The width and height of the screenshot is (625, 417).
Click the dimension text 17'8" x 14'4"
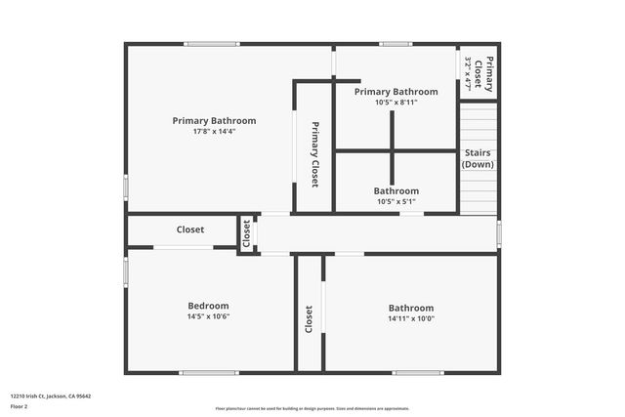coord(214,132)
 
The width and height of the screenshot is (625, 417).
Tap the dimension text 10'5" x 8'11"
coord(396,102)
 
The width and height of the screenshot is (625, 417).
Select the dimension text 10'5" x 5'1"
coord(396,202)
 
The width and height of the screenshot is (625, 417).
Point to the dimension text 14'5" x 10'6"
coord(207,317)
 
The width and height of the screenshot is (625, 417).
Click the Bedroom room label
coord(207,306)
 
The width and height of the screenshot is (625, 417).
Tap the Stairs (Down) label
coord(478,158)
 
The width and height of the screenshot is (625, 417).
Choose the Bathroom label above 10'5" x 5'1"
coord(396,191)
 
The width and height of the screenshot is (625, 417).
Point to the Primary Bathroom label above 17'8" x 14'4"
coord(214,121)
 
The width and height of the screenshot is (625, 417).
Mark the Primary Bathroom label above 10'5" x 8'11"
coord(396,92)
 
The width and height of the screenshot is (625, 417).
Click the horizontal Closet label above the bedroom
coord(190,230)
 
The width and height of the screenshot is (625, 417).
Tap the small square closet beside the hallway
coord(246,233)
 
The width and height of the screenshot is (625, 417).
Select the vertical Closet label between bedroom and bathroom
coord(309,319)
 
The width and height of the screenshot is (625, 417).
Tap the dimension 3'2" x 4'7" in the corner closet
coord(469,73)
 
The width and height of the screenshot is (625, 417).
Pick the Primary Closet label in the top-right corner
coord(489,73)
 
